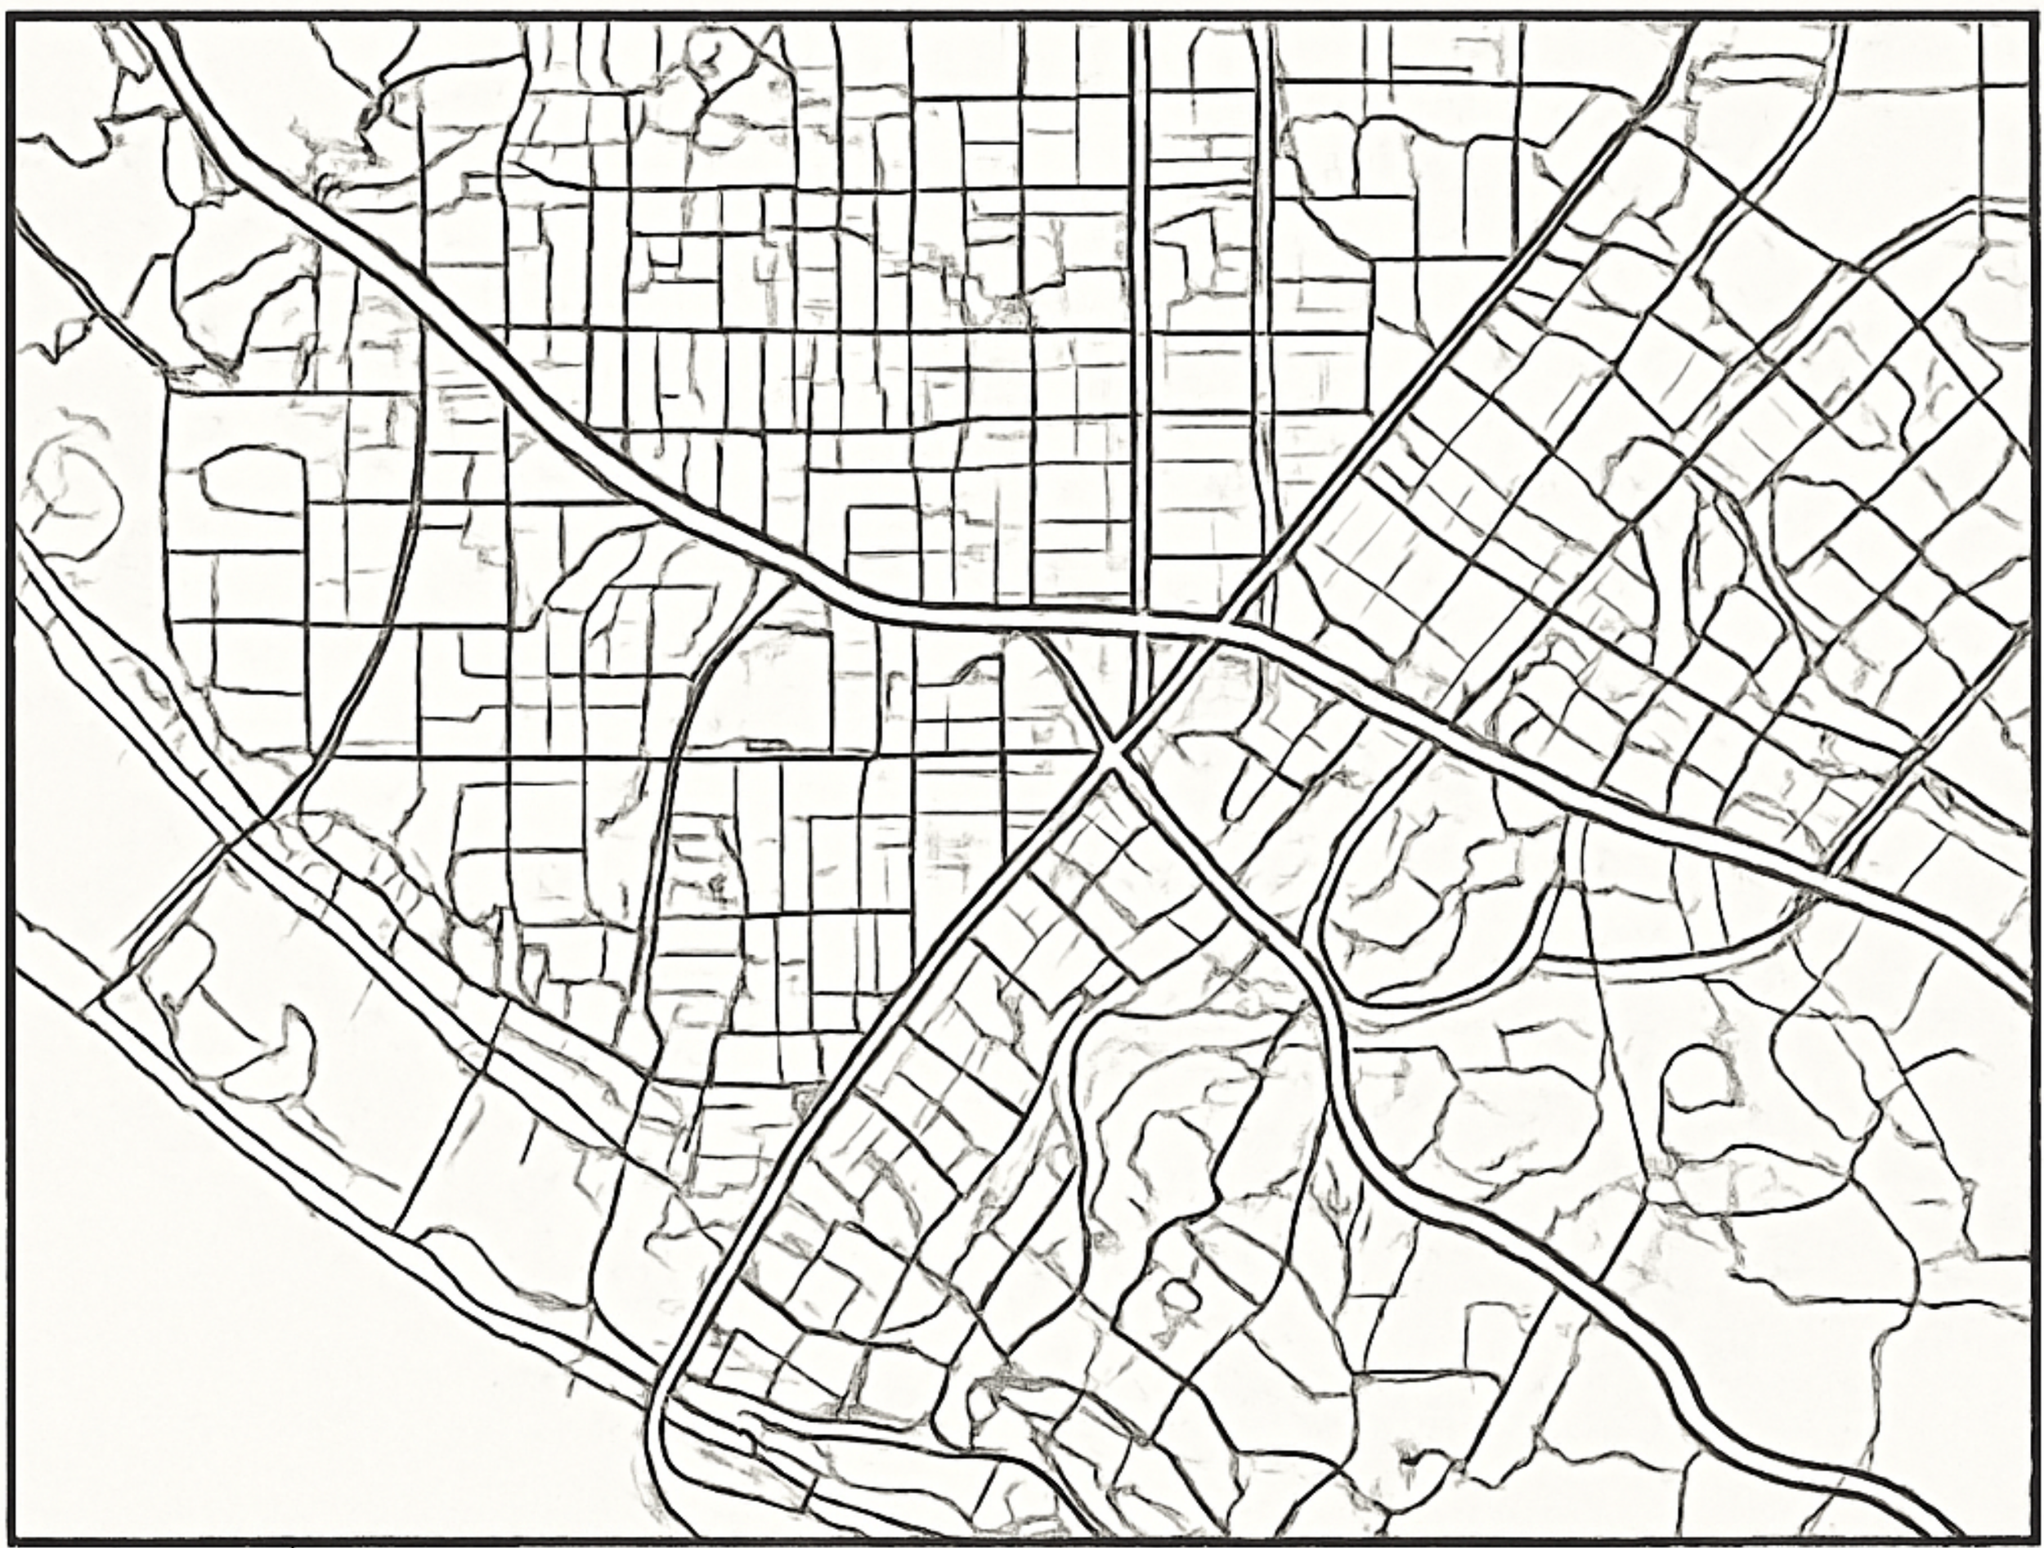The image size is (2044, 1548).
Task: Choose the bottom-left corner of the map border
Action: tap(9, 1539)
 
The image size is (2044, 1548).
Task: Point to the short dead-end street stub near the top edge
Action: tap(1432, 70)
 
